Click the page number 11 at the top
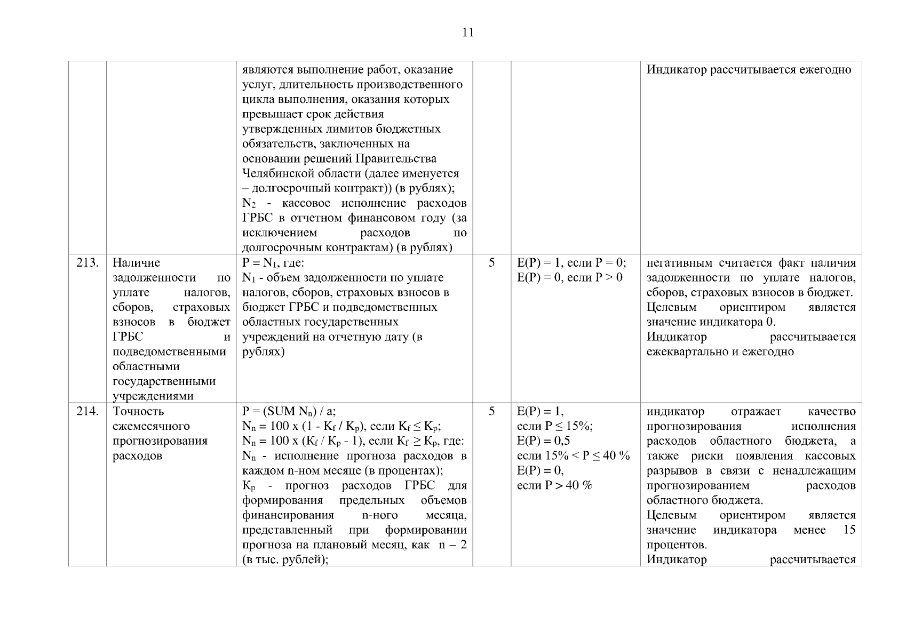pyautogui.click(x=467, y=33)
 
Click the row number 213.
pyautogui.click(x=88, y=263)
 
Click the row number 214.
pyautogui.click(x=88, y=411)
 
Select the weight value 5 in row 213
pyautogui.click(x=491, y=262)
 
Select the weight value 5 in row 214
pyautogui.click(x=491, y=411)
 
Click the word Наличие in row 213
pyautogui.click(x=137, y=263)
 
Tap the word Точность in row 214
pyautogui.click(x=139, y=411)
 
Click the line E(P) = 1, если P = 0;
pyautogui.click(x=571, y=263)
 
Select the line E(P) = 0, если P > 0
pyautogui.click(x=569, y=277)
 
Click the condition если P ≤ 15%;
pyautogui.click(x=555, y=426)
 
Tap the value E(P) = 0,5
pyautogui.click(x=544, y=441)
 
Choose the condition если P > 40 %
pyautogui.click(x=555, y=485)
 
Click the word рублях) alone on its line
pyautogui.click(x=263, y=352)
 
